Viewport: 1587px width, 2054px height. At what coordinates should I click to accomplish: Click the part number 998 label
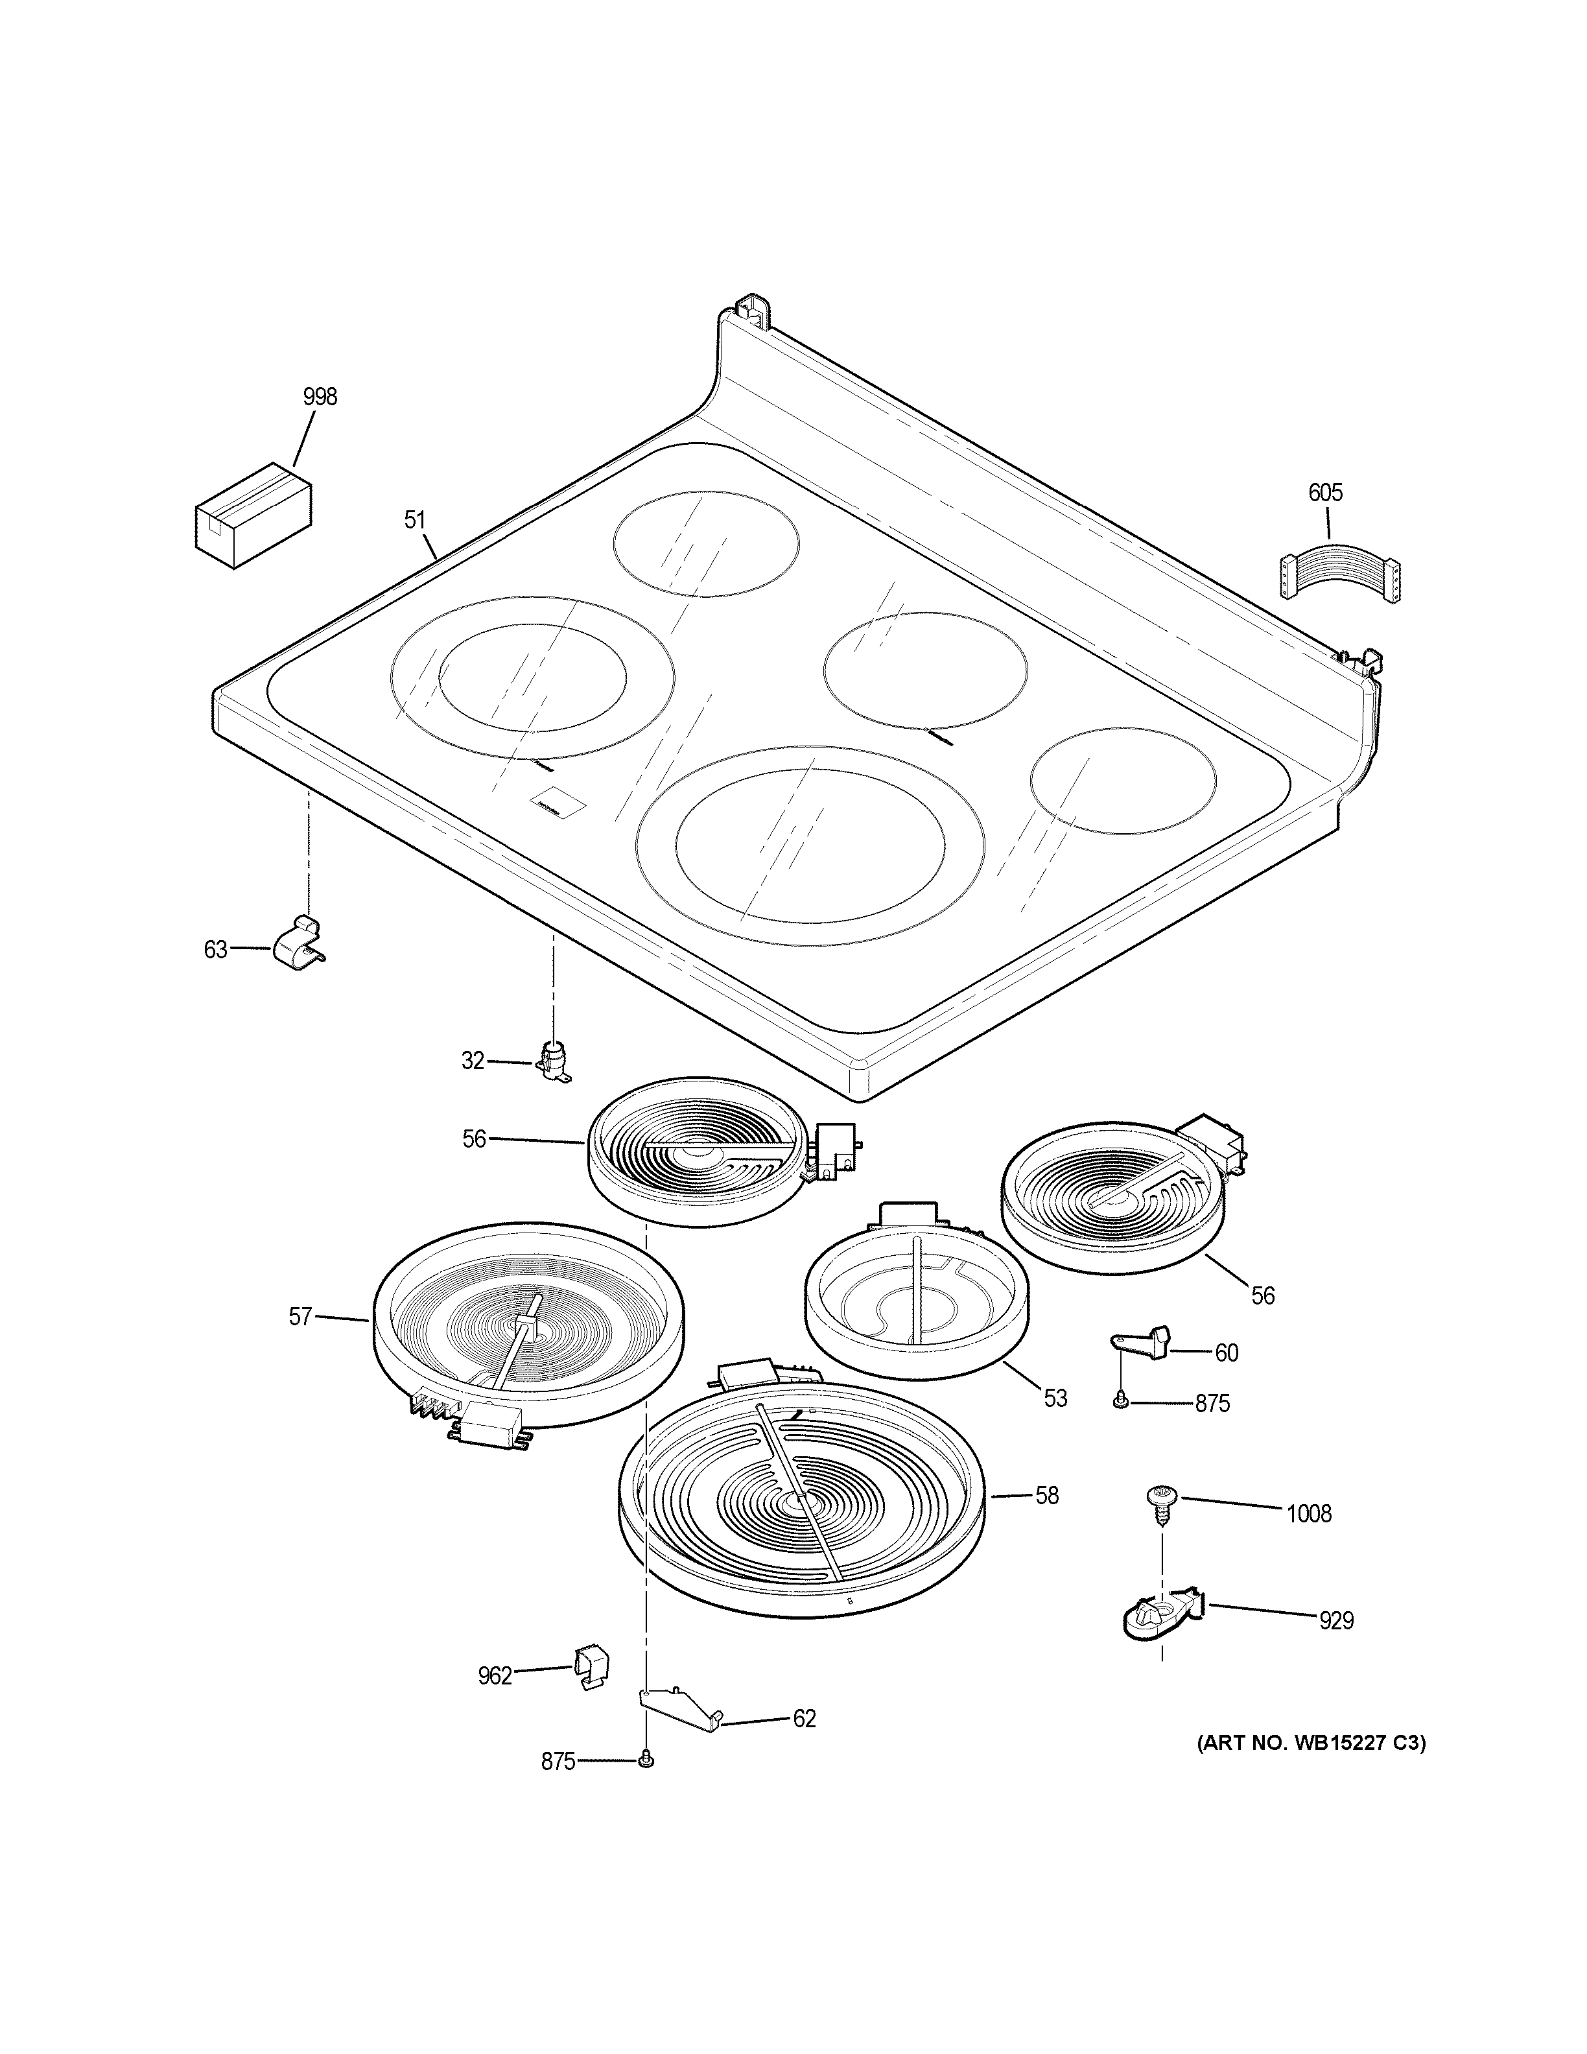320,397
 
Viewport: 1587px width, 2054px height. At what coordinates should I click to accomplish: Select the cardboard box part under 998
253,515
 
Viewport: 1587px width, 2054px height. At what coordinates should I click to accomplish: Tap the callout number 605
1326,493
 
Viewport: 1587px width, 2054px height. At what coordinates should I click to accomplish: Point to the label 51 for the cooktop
415,519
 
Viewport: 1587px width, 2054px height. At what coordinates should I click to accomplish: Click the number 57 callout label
300,1317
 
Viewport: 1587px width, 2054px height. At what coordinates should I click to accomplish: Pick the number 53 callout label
1056,1425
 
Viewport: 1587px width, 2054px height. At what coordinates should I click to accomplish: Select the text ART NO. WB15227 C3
1311,1743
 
